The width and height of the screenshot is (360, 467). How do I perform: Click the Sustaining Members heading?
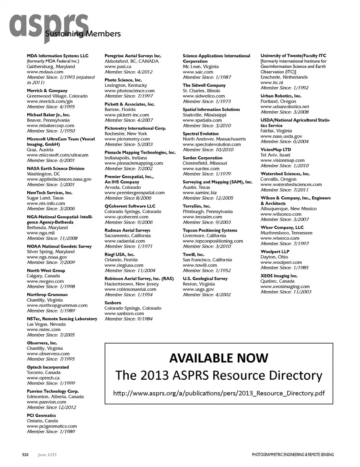(83, 34)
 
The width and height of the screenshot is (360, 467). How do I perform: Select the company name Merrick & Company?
(47, 91)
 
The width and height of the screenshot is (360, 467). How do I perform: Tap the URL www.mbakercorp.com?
(50, 126)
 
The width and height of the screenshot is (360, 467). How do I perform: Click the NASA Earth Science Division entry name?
(55, 169)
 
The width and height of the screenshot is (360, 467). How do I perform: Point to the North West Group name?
(46, 271)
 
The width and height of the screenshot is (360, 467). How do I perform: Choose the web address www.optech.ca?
(43, 378)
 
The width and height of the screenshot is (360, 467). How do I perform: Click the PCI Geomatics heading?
(41, 416)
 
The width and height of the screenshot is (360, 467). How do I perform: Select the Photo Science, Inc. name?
(123, 80)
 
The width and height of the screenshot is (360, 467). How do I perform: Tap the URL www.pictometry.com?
(127, 139)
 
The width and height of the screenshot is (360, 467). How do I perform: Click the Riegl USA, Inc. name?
(119, 255)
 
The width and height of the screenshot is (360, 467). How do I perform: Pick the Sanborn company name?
(112, 303)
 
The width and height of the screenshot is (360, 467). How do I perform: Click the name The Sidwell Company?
(204, 86)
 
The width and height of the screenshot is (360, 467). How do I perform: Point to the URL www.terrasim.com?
(202, 217)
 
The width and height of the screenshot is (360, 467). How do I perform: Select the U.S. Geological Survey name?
(205, 279)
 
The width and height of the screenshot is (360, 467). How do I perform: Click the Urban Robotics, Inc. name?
(280, 96)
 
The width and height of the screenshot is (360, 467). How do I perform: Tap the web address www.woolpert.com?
(281, 263)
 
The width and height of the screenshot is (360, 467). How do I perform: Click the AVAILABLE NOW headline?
(219, 358)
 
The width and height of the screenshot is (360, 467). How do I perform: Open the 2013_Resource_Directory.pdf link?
(219, 393)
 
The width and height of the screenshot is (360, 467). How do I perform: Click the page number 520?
(25, 455)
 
